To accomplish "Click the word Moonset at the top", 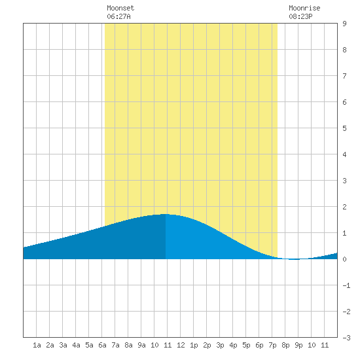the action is (120, 8).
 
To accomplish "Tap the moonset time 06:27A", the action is (118, 16).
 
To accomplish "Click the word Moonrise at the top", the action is (304, 8).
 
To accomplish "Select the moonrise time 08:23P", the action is (300, 16).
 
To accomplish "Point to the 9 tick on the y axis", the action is (344, 24).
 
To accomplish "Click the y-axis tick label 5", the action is (344, 128).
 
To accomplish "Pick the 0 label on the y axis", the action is (344, 259).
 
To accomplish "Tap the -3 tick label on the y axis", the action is (346, 338).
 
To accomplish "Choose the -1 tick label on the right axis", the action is (346, 285).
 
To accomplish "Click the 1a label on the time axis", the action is (37, 345).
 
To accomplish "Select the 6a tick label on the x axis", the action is (102, 345).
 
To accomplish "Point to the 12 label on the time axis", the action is (181, 345).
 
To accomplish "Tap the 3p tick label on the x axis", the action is (220, 346).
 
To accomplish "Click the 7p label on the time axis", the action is (272, 346).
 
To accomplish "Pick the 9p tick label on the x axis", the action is (298, 346).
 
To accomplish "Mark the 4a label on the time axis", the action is (76, 345).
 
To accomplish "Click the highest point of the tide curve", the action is (166, 214).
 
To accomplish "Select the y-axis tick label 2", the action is (344, 207).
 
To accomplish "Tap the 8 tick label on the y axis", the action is (344, 50).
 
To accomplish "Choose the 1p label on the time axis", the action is (194, 346).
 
